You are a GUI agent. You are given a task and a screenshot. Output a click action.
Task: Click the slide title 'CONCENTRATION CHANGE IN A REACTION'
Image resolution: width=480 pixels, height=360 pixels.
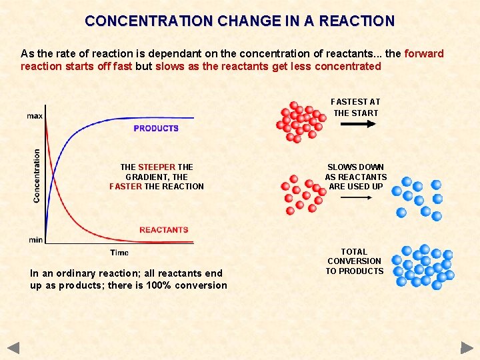click(x=240, y=21)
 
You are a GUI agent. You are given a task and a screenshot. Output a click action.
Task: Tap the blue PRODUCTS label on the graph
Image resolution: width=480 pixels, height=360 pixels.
click(x=156, y=128)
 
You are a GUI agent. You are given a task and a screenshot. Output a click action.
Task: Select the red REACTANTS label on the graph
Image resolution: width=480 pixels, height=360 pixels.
click(x=163, y=230)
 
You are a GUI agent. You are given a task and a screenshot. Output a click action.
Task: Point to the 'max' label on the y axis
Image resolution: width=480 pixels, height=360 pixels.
click(x=35, y=116)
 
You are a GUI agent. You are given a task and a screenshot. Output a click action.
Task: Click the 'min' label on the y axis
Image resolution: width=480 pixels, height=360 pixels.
click(x=35, y=239)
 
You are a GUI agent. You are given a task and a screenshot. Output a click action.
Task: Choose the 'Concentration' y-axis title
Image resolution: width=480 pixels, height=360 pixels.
click(x=37, y=175)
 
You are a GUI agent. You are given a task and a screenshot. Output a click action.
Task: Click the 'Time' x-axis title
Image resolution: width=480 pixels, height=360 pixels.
click(x=119, y=253)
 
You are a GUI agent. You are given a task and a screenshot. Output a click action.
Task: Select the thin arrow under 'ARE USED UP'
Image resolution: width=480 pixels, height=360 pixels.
click(x=355, y=198)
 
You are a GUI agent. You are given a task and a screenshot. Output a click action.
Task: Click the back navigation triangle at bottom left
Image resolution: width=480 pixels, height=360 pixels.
click(x=13, y=347)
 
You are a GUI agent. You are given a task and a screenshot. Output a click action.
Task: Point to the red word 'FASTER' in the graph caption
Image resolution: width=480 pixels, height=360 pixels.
click(x=125, y=187)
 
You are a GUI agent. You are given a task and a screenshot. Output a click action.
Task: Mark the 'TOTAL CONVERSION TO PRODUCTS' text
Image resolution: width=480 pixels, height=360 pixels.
click(x=355, y=261)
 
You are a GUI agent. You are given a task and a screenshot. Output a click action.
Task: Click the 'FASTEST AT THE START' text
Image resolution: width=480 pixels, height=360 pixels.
click(x=355, y=107)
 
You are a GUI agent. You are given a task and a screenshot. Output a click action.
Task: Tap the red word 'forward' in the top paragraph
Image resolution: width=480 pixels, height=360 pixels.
click(x=424, y=53)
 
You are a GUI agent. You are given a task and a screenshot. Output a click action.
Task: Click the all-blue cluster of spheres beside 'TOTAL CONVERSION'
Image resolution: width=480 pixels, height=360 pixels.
click(x=422, y=267)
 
